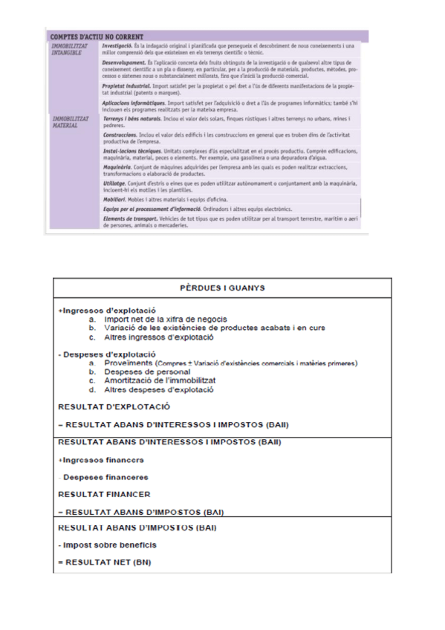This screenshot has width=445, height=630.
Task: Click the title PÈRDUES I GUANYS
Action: (x=222, y=288)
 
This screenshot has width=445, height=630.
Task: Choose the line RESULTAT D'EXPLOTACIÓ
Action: (x=114, y=406)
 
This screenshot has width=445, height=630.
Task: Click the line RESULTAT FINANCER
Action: (x=104, y=493)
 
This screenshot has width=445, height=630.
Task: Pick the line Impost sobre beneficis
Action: (x=108, y=546)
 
